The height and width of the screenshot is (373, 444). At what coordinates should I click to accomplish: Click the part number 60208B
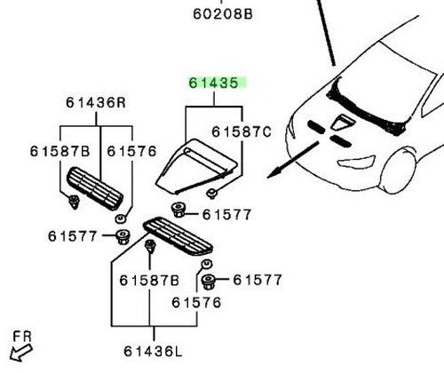[x=223, y=14]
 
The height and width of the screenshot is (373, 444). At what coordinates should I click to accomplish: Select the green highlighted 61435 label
[x=214, y=83]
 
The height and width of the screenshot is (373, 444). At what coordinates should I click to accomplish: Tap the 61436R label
[x=96, y=103]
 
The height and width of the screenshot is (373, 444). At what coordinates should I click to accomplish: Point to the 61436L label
[x=153, y=352]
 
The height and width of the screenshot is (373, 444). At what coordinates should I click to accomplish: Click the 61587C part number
[x=242, y=131]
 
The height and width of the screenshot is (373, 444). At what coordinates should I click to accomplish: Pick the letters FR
[x=22, y=337]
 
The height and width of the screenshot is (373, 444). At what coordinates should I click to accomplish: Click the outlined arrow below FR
[x=20, y=353]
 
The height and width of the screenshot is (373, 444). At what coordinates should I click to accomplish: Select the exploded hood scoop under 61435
[x=196, y=166]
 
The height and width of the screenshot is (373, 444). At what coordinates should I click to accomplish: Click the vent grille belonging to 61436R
[x=95, y=188]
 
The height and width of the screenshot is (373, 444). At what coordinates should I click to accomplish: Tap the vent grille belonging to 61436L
[x=178, y=236]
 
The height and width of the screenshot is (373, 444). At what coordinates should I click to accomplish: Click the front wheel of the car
[x=398, y=171]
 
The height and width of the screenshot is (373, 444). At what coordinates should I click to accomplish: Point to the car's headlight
[x=356, y=162]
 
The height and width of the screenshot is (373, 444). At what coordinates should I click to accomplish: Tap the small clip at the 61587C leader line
[x=211, y=194]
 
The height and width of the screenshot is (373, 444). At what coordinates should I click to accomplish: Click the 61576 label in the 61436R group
[x=131, y=152]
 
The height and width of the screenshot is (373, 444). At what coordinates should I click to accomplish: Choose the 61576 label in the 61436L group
[x=196, y=303]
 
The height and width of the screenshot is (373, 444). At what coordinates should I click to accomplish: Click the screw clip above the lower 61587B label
[x=150, y=246]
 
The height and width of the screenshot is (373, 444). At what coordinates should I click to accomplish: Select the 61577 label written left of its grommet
[x=73, y=236]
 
